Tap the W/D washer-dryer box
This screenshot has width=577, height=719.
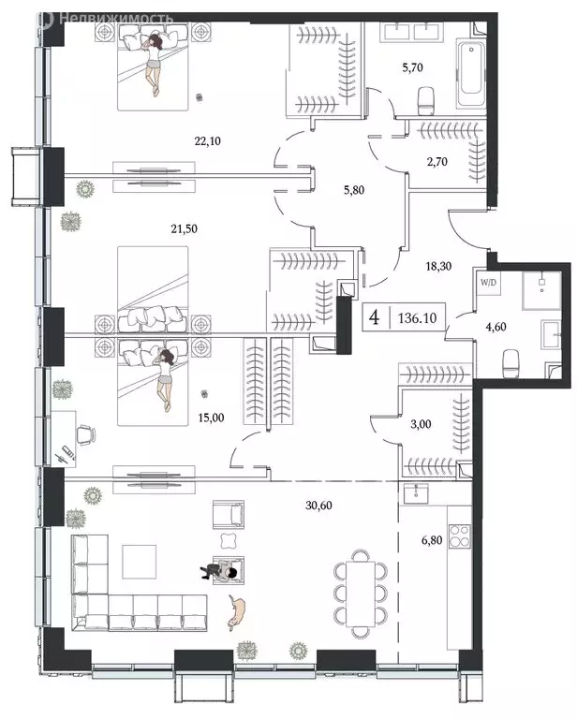[x=489, y=281]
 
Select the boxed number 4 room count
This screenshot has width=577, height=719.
[x=375, y=317]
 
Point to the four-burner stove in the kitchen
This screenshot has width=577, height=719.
[x=461, y=536]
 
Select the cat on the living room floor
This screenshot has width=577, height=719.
[x=238, y=611]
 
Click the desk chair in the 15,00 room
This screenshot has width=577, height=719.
[x=84, y=433]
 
